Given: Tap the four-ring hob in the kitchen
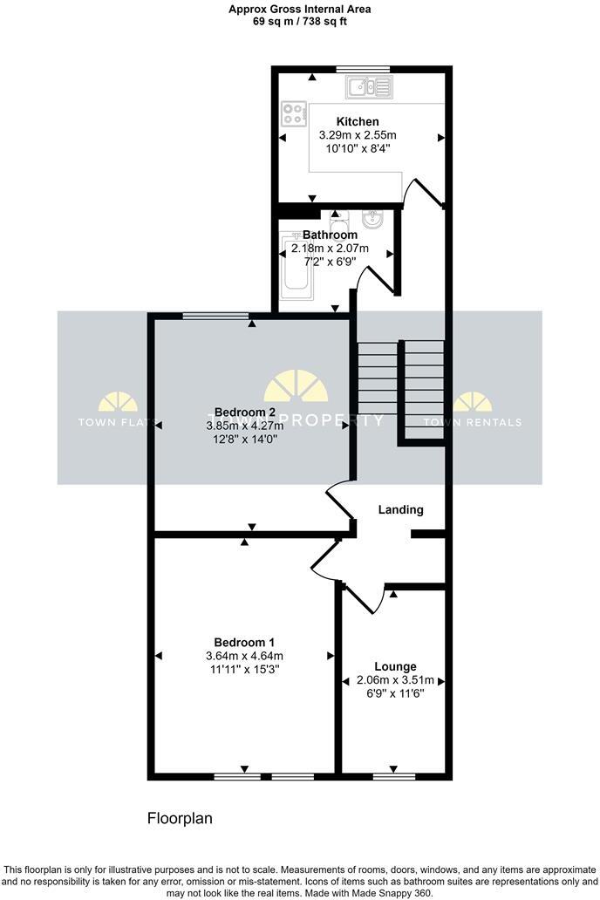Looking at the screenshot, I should coord(294,112).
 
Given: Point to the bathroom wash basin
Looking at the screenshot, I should coord(373,219).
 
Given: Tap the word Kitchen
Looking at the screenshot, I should coord(358,121).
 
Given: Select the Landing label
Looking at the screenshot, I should coord(400,509).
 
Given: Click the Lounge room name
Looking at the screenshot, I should coord(394,665).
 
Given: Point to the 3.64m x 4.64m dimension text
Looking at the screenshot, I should coord(244,656).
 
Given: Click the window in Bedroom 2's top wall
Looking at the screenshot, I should coord(215,315).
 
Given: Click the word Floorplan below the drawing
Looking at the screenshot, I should coord(179,819).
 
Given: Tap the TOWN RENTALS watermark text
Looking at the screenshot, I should coord(473,423).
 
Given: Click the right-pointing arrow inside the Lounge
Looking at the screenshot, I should coord(442,680).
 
